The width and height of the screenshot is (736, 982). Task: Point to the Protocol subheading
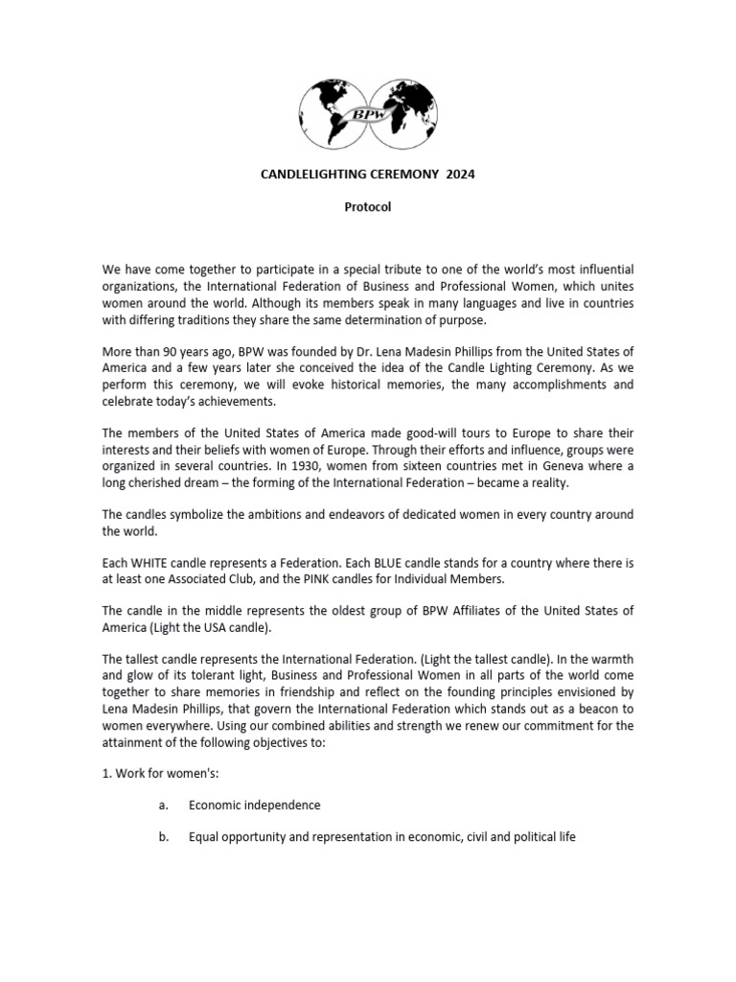tap(368, 207)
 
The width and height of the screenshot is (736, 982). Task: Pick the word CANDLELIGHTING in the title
tap(311, 175)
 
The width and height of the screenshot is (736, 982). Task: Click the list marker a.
tap(163, 805)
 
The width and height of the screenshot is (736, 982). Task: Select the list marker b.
tap(164, 837)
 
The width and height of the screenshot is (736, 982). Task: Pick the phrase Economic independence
tap(254, 805)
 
